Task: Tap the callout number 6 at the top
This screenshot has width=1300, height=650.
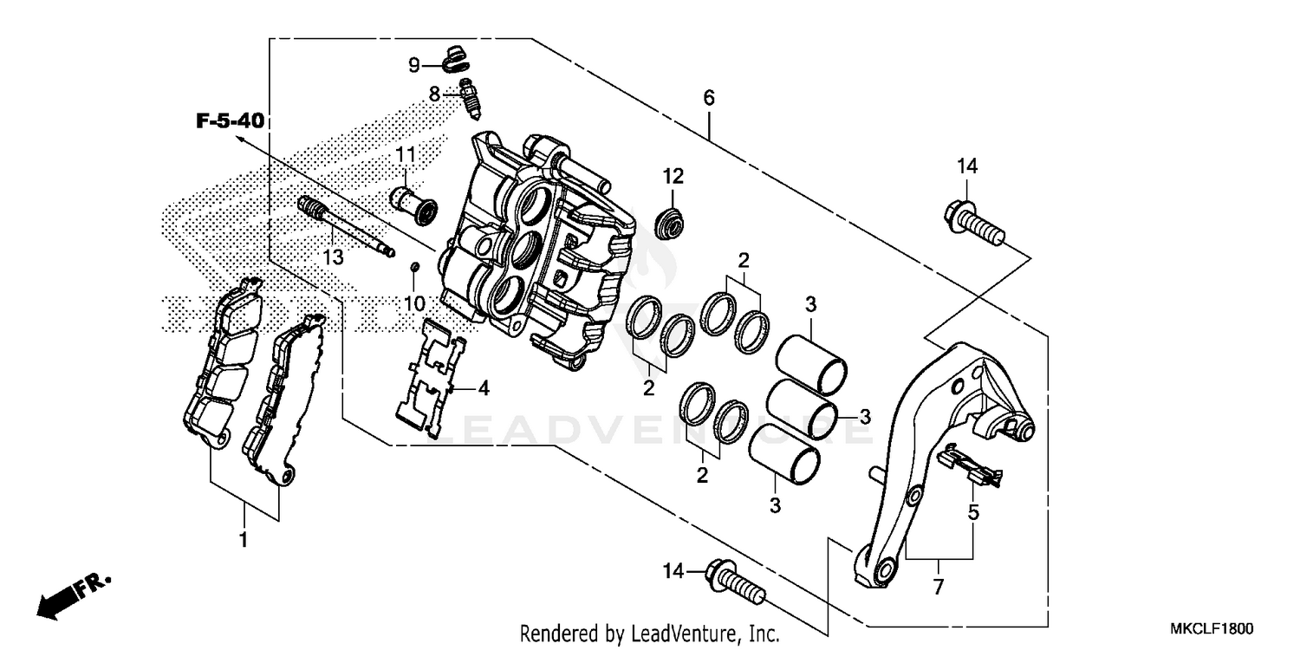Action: coord(709,98)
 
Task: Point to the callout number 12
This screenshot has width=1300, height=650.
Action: coord(673,177)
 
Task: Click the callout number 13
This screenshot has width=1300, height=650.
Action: coord(334,257)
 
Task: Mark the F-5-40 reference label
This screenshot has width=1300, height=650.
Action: coord(230,121)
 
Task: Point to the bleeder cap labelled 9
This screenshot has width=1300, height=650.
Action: coord(454,60)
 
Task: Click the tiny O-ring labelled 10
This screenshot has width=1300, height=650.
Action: coord(415,266)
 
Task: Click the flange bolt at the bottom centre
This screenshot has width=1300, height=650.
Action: coord(737,582)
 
